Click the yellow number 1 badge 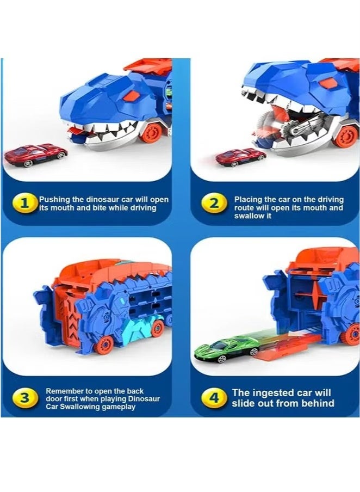pyautogui.click(x=24, y=204)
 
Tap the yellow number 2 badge pyautogui.click(x=214, y=204)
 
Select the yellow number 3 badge pyautogui.click(x=24, y=398)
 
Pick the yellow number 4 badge pyautogui.click(x=214, y=398)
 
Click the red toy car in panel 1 pyautogui.click(x=35, y=155)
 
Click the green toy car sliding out pyautogui.click(x=226, y=349)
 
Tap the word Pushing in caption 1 pyautogui.click(x=54, y=200)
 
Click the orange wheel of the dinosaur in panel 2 pyautogui.click(x=346, y=136)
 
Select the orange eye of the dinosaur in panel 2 pyautogui.click(x=327, y=83)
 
